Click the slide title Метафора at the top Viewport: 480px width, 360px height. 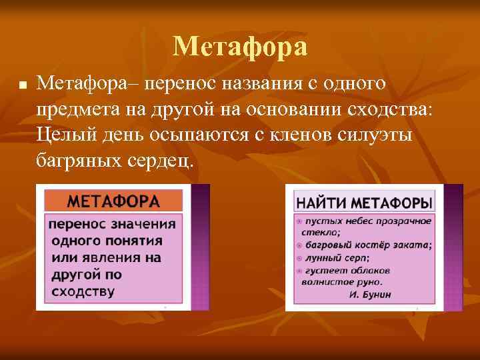(240, 47)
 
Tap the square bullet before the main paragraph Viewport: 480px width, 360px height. (22, 86)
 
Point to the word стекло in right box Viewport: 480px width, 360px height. (322, 233)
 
